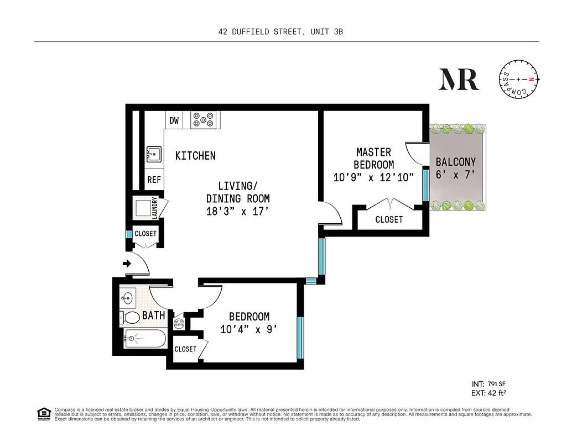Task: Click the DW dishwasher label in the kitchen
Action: (174, 120)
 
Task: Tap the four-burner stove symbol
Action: (203, 120)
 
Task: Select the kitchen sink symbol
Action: (154, 153)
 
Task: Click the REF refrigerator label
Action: (154, 180)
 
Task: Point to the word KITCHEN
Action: (195, 156)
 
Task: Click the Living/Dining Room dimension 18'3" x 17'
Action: (237, 211)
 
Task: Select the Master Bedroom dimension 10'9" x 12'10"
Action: (373, 177)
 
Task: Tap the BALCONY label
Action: (455, 162)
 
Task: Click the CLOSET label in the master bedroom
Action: (389, 219)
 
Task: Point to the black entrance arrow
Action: (127, 264)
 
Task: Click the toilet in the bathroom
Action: (131, 317)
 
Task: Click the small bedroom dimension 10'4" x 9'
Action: (249, 330)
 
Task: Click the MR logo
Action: (459, 80)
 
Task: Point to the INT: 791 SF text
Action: (488, 383)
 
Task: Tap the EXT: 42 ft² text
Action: (489, 393)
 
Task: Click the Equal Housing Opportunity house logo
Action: (43, 413)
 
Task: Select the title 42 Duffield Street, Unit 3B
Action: (280, 32)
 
